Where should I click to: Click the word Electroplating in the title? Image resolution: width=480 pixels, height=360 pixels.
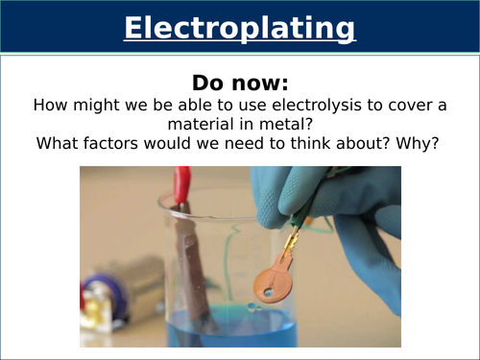tap(239, 29)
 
